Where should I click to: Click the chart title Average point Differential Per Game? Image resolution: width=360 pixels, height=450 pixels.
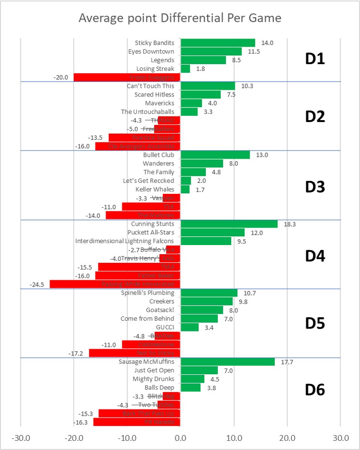[x=180, y=18]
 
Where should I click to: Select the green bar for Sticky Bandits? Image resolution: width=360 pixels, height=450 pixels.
[x=217, y=42]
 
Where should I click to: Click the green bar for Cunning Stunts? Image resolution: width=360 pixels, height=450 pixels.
[x=229, y=224]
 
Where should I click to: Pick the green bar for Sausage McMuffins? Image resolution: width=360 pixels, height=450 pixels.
[x=227, y=362]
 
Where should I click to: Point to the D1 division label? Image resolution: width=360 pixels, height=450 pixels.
[x=315, y=59]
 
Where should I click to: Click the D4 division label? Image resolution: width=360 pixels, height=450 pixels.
[x=315, y=255]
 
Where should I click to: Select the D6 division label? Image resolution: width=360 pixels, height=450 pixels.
[x=315, y=390]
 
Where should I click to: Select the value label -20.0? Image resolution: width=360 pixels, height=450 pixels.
[x=64, y=77]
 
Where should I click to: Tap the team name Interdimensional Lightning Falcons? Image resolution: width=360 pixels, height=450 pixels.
[x=127, y=241]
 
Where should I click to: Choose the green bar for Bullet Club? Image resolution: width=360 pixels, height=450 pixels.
[x=215, y=155]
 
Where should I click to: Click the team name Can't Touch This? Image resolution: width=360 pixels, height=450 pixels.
[x=150, y=86]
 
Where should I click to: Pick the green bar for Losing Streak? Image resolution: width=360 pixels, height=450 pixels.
[x=185, y=68]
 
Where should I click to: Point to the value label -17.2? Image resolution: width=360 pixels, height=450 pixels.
[x=76, y=354]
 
